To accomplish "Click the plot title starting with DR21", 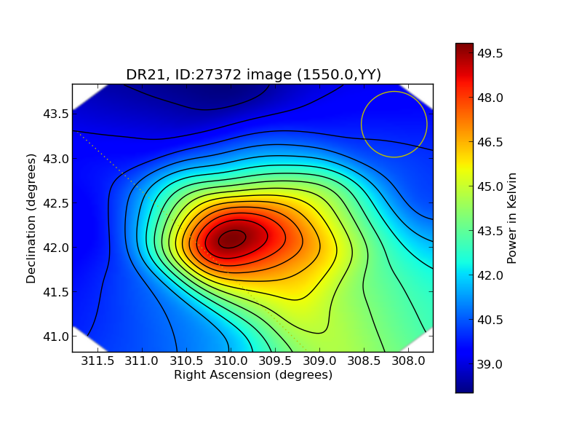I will tap(253, 74).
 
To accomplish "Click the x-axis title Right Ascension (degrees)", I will tap(253, 374).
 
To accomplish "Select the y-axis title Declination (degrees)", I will tap(31, 218).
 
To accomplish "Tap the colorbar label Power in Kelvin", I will tap(512, 218).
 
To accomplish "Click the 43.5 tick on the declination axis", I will tap(56, 114).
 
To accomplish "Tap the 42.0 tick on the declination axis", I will tap(56, 248).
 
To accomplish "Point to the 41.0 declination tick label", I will tap(56, 336).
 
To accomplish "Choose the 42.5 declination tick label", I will tap(56, 203).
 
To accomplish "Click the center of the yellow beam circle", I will tap(394, 125).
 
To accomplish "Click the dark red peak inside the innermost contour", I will tap(232, 239).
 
